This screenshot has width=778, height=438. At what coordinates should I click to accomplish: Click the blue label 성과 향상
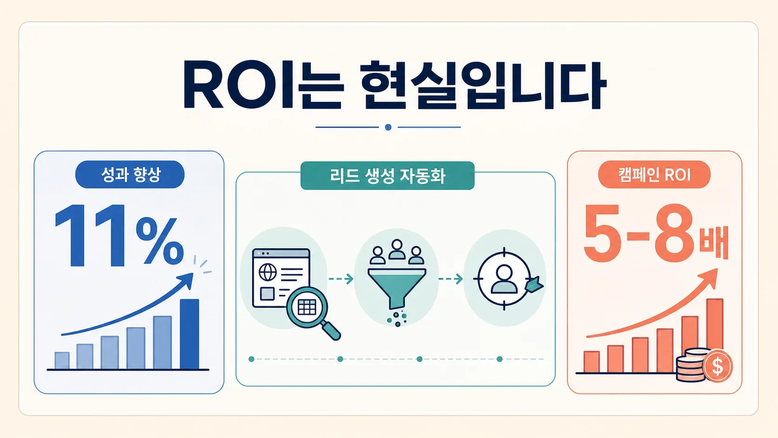click(130, 175)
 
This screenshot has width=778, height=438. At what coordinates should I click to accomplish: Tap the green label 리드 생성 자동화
click(387, 176)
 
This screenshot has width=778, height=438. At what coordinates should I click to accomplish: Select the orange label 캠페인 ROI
click(654, 175)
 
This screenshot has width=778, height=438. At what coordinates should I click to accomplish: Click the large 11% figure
click(119, 236)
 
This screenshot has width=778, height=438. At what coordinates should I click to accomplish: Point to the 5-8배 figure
click(656, 234)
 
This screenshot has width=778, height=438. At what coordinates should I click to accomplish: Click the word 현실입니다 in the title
click(483, 86)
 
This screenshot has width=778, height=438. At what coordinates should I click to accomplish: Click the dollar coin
click(718, 366)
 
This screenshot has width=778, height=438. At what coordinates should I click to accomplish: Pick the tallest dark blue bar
click(190, 334)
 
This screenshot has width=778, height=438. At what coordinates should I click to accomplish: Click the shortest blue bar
click(62, 361)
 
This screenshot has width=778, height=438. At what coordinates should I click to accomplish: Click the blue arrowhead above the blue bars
click(187, 280)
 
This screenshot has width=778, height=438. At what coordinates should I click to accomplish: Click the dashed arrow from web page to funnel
click(341, 278)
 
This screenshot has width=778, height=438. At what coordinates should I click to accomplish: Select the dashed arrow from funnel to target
click(450, 278)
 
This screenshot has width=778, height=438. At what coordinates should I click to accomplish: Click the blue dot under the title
click(389, 128)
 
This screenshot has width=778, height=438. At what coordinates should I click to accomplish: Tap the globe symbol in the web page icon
click(268, 272)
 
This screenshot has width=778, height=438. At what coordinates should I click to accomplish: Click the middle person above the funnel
click(396, 249)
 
